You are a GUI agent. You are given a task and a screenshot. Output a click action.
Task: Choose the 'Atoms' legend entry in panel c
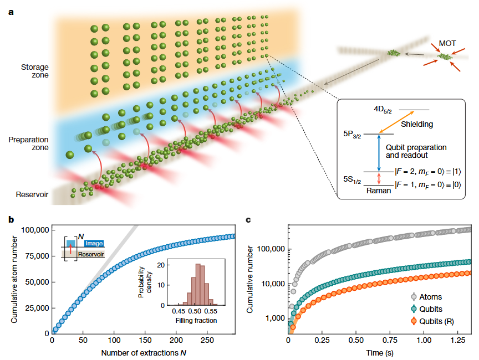430,297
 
